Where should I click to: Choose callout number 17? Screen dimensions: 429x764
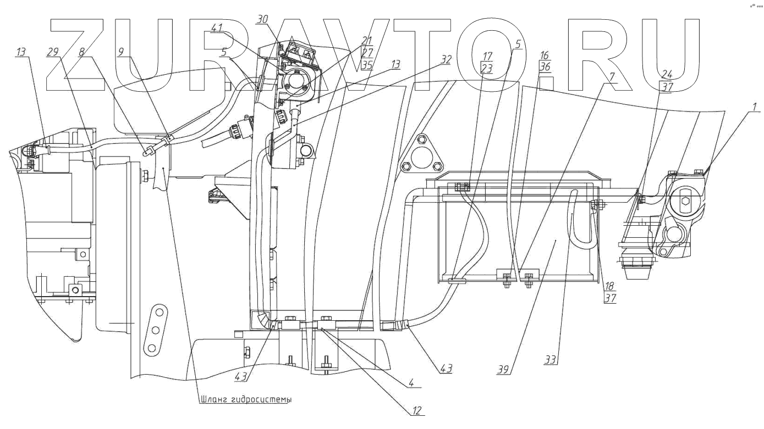(x=486, y=55)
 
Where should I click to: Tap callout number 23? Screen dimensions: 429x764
(x=486, y=68)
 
